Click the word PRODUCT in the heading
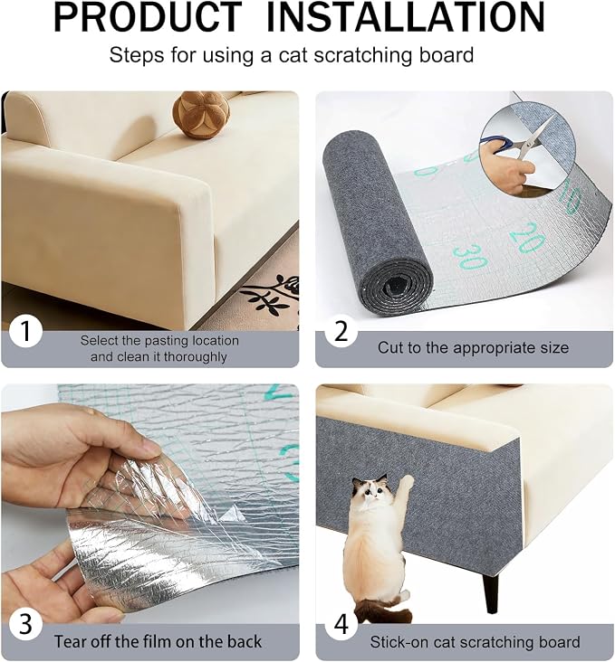[148, 17]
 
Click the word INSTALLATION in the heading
[406, 17]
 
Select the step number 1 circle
[25, 331]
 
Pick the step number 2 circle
[341, 331]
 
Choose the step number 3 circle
[25, 624]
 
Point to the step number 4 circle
[341, 624]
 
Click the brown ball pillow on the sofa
[195, 115]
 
